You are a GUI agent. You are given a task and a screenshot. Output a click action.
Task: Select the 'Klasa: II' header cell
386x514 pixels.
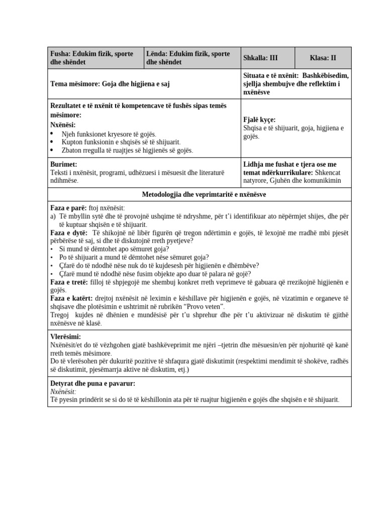coord(323,58)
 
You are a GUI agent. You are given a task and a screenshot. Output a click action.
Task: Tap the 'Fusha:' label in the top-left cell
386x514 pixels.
coord(60,54)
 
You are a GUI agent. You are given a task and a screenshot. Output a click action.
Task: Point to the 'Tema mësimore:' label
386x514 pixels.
coord(75,84)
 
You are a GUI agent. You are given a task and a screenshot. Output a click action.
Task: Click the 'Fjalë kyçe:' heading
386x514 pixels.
coord(259,120)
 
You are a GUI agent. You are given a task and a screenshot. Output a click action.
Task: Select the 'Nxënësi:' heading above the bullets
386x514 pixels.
coord(63,124)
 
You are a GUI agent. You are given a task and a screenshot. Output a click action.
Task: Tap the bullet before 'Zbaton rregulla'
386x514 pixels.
coord(53,150)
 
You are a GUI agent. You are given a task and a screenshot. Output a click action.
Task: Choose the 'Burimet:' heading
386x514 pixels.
coord(64,165)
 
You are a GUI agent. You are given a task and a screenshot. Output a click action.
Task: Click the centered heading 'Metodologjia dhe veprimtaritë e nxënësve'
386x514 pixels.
coord(200,194)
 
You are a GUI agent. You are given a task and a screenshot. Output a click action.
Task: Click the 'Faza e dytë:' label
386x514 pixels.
coord(69,233)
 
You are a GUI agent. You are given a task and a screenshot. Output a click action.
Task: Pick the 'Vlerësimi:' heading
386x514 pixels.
coord(66,337)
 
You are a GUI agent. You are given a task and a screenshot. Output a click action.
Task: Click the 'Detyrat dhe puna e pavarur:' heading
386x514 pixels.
coord(93,383)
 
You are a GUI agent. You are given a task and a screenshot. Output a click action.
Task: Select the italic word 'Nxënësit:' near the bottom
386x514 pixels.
coord(63,392)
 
